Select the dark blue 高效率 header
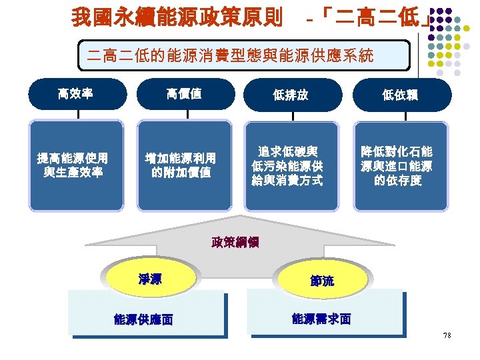tap(77, 94)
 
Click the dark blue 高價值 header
tap(185, 94)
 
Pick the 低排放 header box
tap(292, 95)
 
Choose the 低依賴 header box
tap(400, 95)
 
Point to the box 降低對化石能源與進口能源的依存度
tap(400, 165)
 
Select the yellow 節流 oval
tap(321, 281)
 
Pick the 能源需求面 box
tap(322, 318)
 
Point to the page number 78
tap(447, 335)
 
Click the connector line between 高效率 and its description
tap(78, 115)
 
